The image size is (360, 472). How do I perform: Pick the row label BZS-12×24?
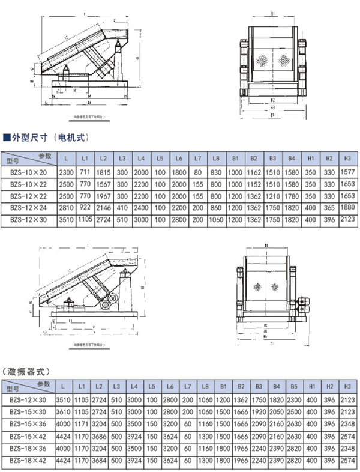point(28,208)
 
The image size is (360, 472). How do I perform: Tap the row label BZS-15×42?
point(27,435)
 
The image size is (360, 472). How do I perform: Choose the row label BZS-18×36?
point(27,447)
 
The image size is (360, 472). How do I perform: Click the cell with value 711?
point(84,171)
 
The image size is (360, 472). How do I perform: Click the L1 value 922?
point(84,207)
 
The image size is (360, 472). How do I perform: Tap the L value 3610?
point(62,411)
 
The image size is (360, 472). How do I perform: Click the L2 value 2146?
point(103,208)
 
